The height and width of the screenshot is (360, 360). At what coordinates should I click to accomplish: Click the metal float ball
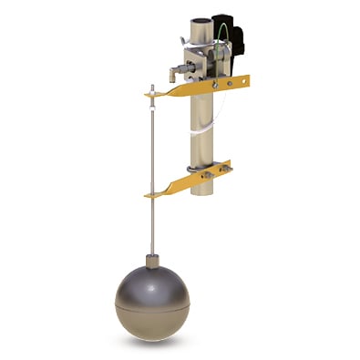pyautogui.click(x=154, y=297)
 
